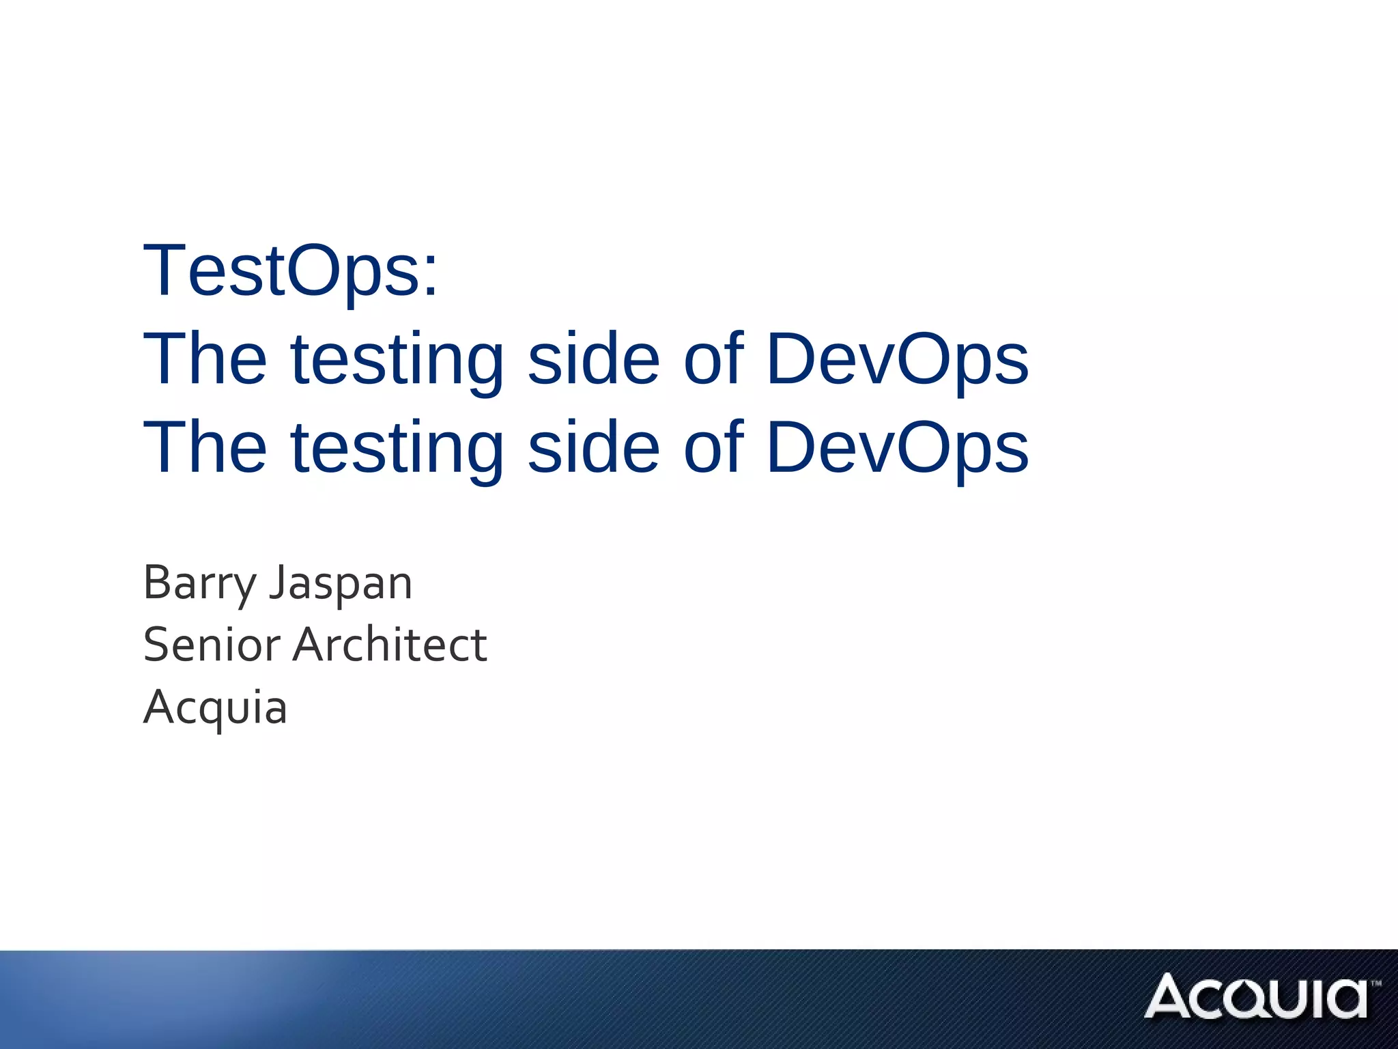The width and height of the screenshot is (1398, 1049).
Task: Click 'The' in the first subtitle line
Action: click(x=205, y=359)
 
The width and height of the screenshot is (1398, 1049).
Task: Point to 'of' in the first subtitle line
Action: click(x=713, y=359)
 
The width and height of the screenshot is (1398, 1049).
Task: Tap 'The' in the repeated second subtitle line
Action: click(x=205, y=447)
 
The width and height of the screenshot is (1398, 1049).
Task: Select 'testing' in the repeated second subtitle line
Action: click(x=397, y=450)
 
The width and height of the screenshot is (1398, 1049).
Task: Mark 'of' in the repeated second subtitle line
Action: click(x=713, y=447)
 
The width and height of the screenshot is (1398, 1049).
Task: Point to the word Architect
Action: click(x=390, y=645)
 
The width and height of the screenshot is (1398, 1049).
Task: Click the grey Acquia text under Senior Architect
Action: click(x=215, y=708)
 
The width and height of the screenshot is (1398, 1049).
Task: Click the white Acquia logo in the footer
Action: click(x=1256, y=996)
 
